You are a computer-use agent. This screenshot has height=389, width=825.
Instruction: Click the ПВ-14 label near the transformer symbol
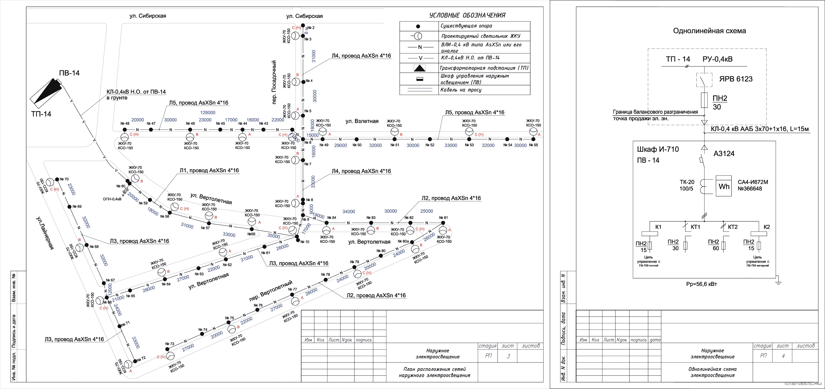point(69,73)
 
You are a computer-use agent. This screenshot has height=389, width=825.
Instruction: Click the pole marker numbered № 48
point(125,130)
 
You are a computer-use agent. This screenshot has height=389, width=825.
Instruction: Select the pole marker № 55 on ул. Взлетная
point(533,139)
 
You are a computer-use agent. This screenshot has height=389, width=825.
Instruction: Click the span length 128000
point(207,113)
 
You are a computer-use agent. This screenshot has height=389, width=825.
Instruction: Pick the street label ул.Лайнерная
point(45,233)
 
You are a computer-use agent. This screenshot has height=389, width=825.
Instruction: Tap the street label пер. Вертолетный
point(271,290)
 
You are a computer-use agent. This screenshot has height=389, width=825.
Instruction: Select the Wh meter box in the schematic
point(723,186)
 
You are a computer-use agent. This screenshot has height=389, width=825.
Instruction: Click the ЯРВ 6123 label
point(736,79)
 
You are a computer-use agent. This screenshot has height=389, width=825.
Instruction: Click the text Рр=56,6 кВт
point(701,284)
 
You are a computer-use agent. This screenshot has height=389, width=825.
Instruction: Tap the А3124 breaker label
point(724,154)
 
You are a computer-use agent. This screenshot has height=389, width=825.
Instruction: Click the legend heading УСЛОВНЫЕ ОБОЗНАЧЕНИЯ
point(467,15)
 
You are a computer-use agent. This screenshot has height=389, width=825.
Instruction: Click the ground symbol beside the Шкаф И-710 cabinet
point(778,282)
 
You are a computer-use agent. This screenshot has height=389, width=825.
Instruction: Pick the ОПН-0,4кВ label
point(112,199)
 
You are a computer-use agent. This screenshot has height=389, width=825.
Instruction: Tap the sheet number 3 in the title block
point(508,356)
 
